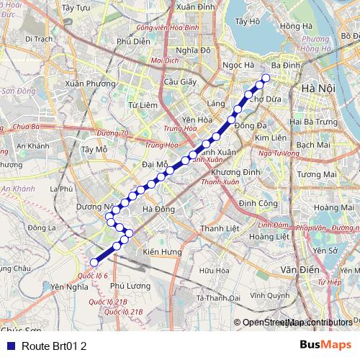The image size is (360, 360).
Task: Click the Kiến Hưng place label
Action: click(161, 252)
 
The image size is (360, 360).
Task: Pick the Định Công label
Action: click(258, 204)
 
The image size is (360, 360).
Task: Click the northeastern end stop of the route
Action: click(266, 78)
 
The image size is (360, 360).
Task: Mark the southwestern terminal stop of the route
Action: click(94, 263)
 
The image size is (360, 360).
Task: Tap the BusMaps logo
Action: click(325, 346)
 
